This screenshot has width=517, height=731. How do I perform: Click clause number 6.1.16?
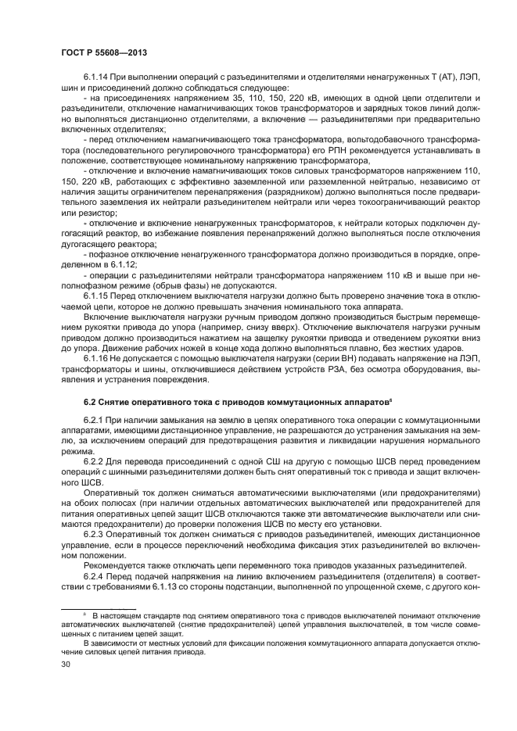click(96, 357)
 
